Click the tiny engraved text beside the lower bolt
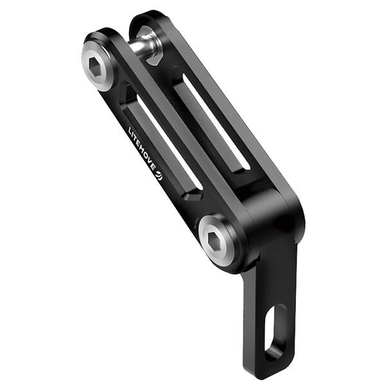click(192, 223)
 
